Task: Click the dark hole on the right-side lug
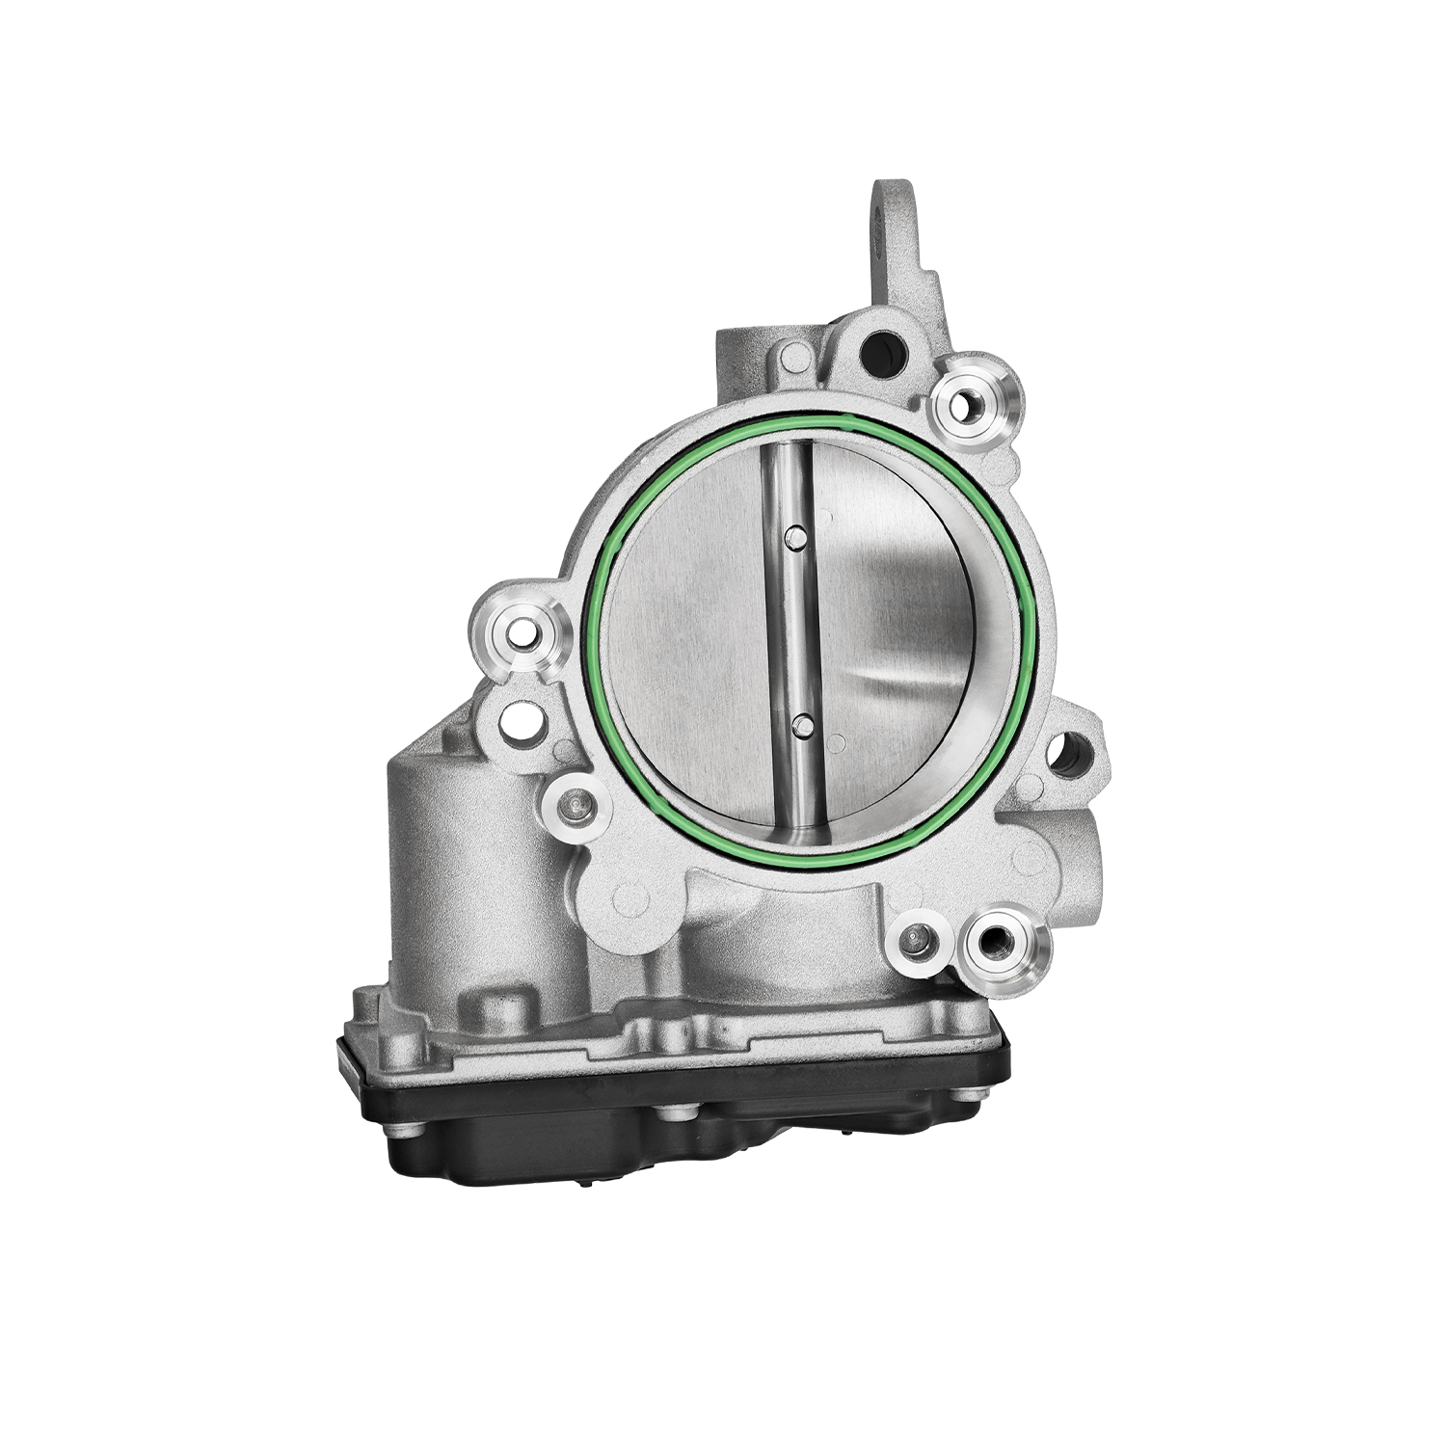(x=1068, y=755)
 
